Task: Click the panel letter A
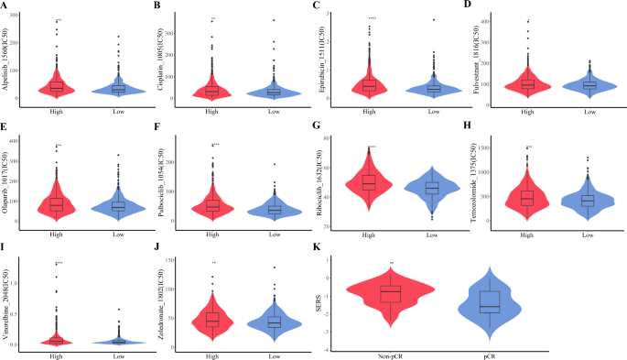click(x=5, y=5)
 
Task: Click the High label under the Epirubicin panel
click(x=368, y=112)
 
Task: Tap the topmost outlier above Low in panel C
click(x=433, y=19)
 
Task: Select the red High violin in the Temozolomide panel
click(x=527, y=196)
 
